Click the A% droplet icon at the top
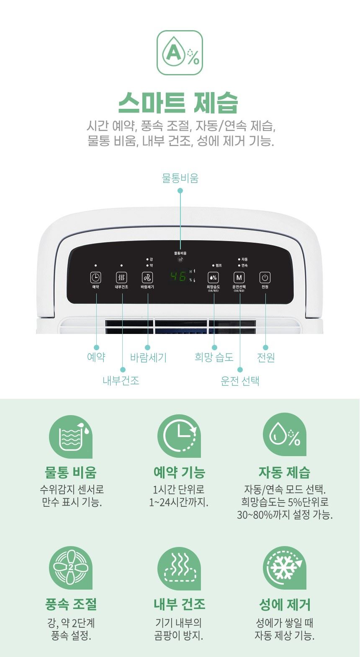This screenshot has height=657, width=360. pos(180,53)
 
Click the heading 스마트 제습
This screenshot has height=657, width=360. pos(178,102)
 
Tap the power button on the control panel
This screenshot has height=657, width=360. pos(265,277)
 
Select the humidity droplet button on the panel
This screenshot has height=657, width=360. pos(213,277)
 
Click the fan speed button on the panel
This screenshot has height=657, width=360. pos(147,277)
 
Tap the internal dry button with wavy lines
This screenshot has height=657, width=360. pos(121,277)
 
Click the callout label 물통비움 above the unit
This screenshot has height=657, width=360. pos(180,178)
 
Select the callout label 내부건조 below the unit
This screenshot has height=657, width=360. pos(121,380)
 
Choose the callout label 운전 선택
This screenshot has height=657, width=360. pos(240,381)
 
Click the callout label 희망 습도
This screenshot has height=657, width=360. pos(214,357)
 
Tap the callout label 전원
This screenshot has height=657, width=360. pos(265,357)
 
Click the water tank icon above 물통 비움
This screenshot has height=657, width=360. pos(71,437)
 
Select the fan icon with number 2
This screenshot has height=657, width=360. pos(71,568)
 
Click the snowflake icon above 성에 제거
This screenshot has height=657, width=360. pos(285,568)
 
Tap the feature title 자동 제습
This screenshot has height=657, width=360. pos(285,472)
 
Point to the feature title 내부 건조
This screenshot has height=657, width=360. pos(179,604)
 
